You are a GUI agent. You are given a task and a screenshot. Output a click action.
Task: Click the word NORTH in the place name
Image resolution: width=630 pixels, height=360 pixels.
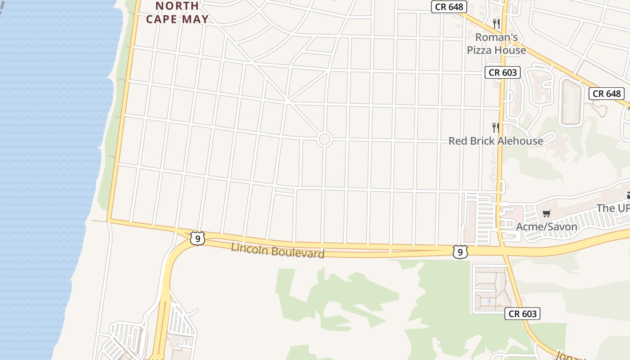point(177,6)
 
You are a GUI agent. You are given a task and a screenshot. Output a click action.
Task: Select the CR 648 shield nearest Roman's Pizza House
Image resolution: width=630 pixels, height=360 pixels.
point(449,7)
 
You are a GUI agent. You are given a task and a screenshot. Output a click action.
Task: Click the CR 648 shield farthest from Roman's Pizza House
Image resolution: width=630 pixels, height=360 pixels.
point(607,94)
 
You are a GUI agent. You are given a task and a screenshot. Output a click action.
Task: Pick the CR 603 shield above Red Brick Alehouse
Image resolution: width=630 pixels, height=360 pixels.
point(502,72)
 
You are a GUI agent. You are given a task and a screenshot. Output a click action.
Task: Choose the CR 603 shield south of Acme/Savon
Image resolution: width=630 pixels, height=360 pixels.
point(522,314)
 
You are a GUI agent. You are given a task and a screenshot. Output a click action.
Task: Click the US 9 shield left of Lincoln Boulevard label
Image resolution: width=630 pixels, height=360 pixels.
point(197,238)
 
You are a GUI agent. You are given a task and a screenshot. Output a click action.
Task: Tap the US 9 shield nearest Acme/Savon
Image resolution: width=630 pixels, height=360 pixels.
point(459,252)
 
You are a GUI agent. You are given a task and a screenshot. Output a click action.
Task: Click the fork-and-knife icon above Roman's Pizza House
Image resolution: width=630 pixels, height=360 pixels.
point(496,23)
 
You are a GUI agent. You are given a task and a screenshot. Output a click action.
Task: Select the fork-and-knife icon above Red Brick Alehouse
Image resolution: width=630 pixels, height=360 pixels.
point(495,127)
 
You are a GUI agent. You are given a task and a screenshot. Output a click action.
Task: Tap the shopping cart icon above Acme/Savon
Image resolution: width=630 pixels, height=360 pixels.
point(546,213)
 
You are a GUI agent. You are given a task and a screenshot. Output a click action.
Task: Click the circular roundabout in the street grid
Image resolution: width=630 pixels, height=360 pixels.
point(324,139)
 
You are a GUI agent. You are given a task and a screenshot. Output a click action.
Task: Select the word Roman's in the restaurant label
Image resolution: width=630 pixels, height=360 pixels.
point(496,37)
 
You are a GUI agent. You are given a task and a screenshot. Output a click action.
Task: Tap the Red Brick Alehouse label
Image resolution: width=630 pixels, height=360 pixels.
point(495,141)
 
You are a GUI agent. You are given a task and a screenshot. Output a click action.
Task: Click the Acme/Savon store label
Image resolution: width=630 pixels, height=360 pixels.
point(546,226)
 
